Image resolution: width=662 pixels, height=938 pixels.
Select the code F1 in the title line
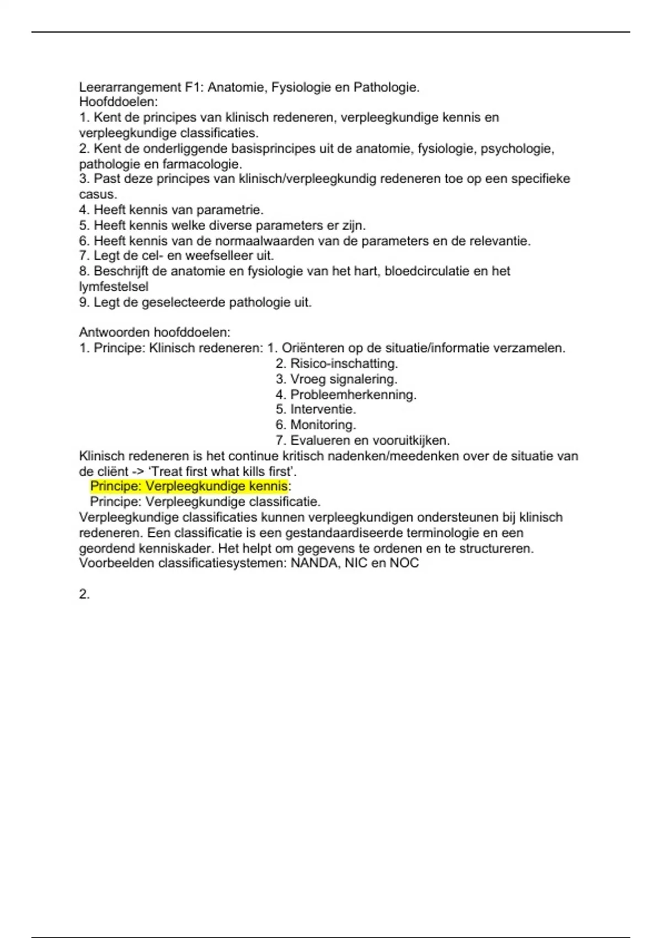click(194, 87)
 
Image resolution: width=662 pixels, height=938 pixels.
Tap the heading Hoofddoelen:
click(118, 102)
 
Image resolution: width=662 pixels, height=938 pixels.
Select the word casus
click(98, 194)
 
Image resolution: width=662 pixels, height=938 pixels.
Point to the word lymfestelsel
click(114, 286)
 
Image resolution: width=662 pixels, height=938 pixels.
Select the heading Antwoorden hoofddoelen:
click(154, 332)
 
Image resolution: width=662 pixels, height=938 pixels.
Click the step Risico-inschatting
click(344, 364)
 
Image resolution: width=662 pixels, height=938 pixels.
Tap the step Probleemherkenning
click(353, 395)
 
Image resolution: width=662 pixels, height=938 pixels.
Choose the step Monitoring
click(323, 425)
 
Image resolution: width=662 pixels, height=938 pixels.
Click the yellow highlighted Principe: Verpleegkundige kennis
click(189, 486)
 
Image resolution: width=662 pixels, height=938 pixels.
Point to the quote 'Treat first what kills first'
click(223, 472)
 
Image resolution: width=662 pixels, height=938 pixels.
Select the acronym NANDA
click(314, 563)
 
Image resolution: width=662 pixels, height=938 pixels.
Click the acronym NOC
click(404, 563)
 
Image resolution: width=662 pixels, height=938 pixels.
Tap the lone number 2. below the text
click(84, 594)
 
